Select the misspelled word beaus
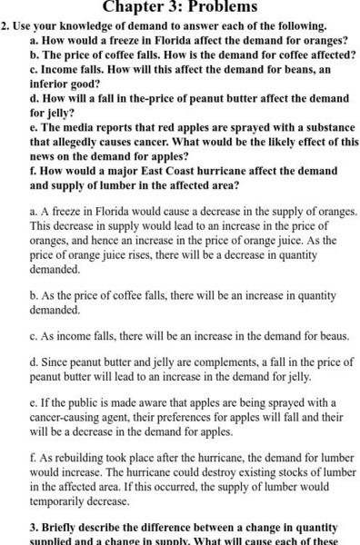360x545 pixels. click(330, 334)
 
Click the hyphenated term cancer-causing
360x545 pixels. click(74, 418)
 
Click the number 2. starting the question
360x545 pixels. click(7, 26)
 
